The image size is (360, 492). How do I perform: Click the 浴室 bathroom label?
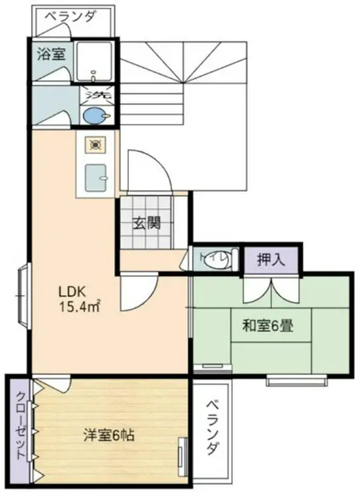click(x=51, y=54)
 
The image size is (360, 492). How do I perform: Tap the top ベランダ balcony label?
click(x=70, y=17)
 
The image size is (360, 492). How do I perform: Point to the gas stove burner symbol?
click(x=95, y=145)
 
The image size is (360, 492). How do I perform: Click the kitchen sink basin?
click(x=96, y=178)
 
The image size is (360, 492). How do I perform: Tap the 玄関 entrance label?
click(x=147, y=223)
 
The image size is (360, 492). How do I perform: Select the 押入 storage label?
click(x=271, y=260)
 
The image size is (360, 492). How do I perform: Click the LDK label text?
click(x=72, y=292)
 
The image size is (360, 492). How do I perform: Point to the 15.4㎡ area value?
click(x=80, y=307)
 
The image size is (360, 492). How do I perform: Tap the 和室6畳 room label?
click(x=268, y=326)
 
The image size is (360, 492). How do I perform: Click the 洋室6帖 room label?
click(x=109, y=435)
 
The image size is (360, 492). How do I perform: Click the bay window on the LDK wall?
click(x=23, y=296)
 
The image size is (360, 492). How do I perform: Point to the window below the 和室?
click(x=296, y=380)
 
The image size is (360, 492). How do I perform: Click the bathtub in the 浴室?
click(x=94, y=61)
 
